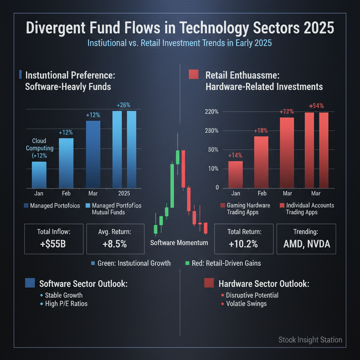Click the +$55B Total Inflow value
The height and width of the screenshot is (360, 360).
point(53,244)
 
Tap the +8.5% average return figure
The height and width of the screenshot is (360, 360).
point(115,244)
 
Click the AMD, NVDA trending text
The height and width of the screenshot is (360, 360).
point(307,244)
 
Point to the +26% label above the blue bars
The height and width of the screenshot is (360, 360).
point(123,105)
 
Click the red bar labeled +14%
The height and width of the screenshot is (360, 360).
point(236,174)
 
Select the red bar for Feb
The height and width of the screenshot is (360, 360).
point(261,162)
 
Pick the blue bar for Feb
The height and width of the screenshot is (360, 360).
point(66,163)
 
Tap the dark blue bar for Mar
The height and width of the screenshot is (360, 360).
point(93,154)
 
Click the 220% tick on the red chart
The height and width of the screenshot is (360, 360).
point(212,112)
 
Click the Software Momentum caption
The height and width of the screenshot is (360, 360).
point(179,243)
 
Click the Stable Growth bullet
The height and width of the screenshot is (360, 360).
point(64,295)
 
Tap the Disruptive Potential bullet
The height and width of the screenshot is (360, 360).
point(252,295)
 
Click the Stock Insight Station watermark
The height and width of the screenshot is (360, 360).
point(310,340)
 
